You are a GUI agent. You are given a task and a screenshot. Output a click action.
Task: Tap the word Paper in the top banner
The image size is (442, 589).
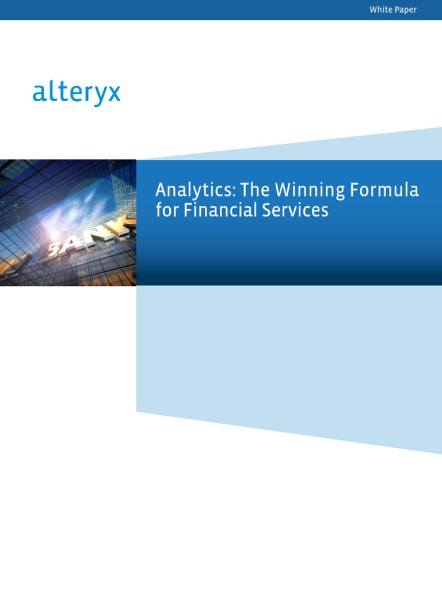406,10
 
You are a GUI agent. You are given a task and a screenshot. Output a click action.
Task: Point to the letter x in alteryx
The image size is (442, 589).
114,94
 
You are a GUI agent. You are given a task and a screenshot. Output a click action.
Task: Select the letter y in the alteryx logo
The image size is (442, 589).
99,96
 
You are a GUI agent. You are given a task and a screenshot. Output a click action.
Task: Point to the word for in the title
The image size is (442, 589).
167,210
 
